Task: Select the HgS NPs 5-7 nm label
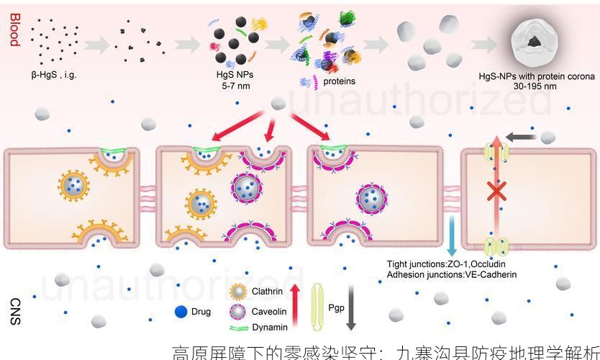(235, 80)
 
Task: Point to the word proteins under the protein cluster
(339, 81)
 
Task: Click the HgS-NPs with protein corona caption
(537, 81)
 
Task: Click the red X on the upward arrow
(495, 192)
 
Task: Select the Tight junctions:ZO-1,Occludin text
(451, 264)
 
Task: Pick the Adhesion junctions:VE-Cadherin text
(451, 274)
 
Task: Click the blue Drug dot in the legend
(181, 312)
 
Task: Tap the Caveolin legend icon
(239, 312)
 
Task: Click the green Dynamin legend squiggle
(239, 328)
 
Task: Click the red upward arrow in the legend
(294, 306)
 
